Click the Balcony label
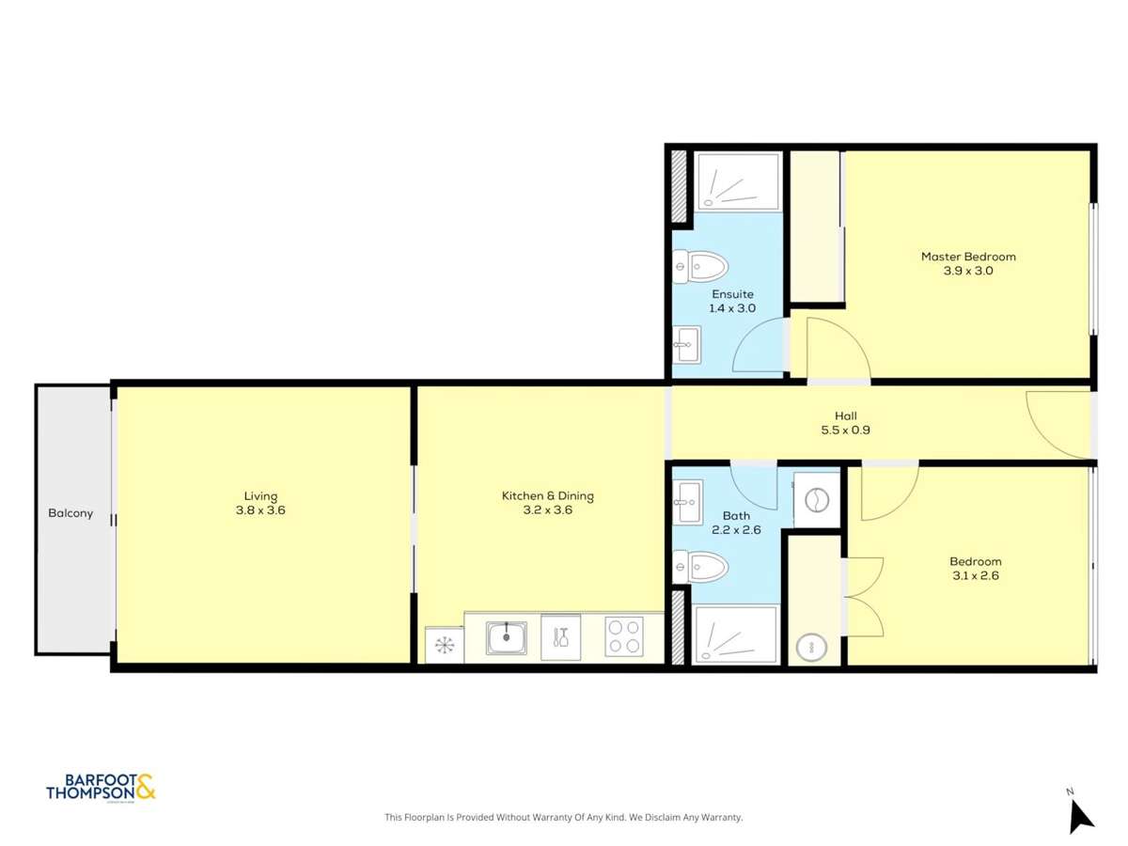click(x=70, y=513)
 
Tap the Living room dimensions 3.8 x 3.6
click(x=260, y=510)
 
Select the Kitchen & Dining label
click(x=547, y=496)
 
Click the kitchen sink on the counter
click(x=506, y=638)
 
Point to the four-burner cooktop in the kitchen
click(x=623, y=636)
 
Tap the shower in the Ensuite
click(x=737, y=182)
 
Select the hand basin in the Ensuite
click(x=687, y=344)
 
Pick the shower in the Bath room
click(x=735, y=634)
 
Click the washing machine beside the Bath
click(x=815, y=498)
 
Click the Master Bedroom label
click(x=968, y=257)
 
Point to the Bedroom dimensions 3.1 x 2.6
click(x=975, y=575)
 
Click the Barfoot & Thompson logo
click(x=101, y=787)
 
